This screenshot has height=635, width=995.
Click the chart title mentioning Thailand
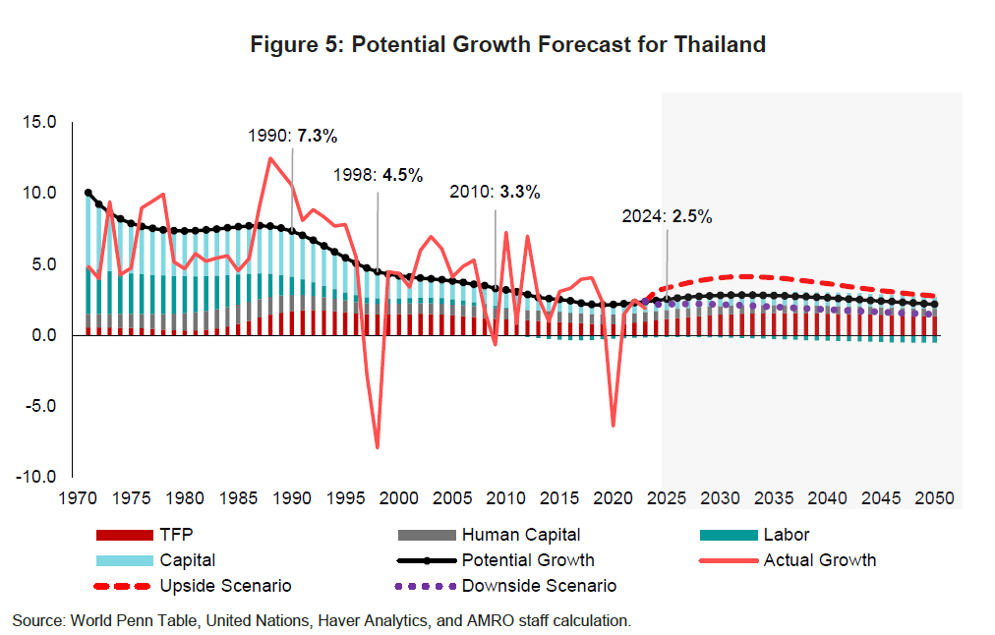(x=507, y=44)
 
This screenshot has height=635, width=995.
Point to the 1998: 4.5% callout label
(x=378, y=175)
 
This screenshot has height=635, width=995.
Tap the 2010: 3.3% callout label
(x=495, y=192)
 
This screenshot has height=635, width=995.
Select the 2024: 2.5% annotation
(x=667, y=216)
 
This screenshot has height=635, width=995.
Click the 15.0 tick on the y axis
(x=41, y=122)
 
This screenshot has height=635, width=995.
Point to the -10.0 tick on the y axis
(x=39, y=477)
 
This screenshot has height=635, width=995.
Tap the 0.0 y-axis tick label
(x=45, y=335)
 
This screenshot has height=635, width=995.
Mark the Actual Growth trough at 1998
(x=378, y=447)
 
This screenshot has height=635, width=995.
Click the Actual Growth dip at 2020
(x=614, y=426)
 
